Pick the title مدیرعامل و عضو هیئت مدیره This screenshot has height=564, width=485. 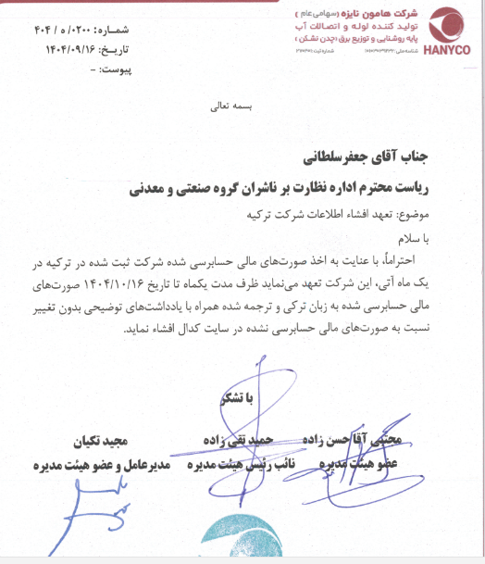coord(98,462)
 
